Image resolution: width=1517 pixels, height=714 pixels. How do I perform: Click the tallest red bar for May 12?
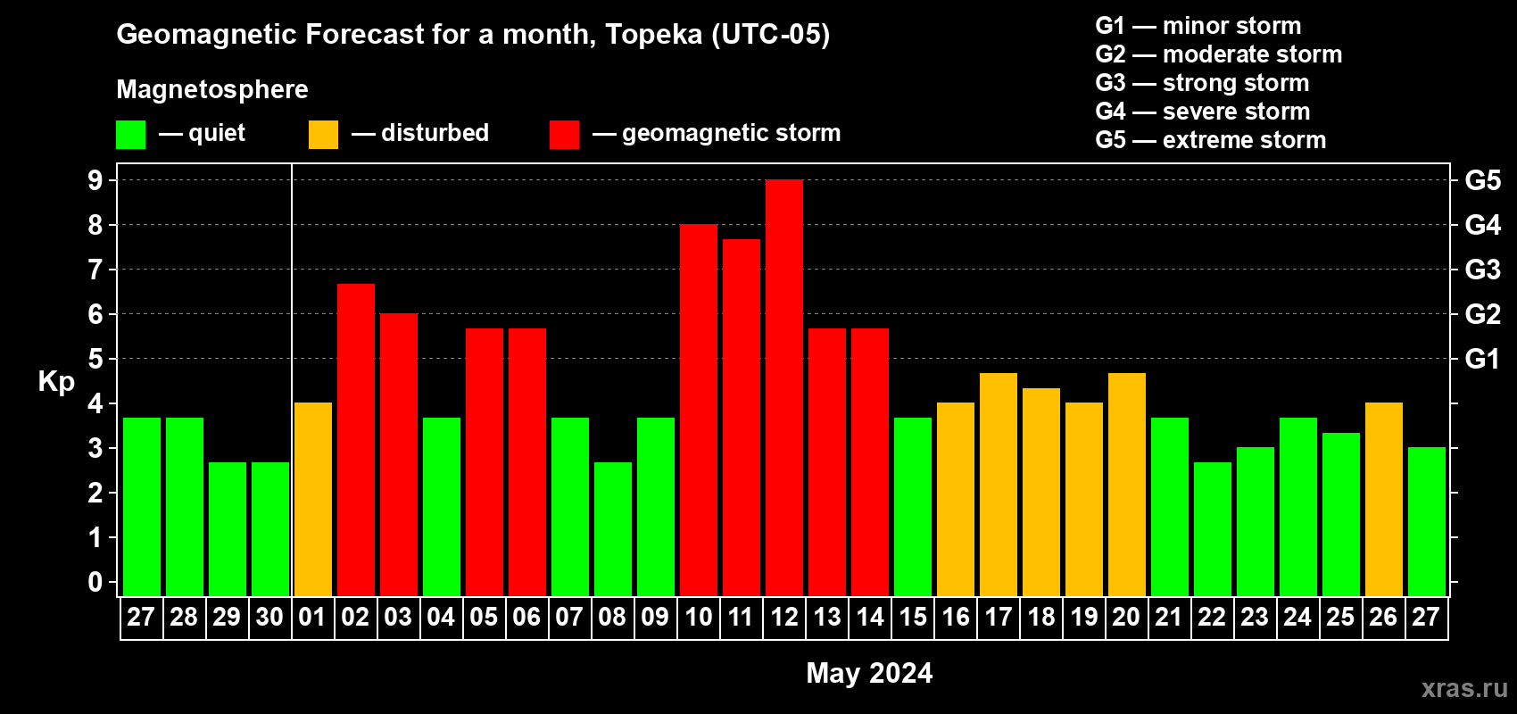click(x=784, y=388)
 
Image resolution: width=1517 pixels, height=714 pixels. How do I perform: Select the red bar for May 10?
click(x=699, y=411)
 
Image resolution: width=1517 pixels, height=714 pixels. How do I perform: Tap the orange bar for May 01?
click(x=313, y=500)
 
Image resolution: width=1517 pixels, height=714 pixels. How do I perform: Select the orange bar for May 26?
click(x=1384, y=500)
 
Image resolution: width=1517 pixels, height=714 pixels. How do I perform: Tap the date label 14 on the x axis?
click(x=870, y=618)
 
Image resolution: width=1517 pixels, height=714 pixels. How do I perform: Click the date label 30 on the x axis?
click(x=269, y=618)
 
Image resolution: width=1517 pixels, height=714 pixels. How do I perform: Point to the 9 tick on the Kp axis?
click(x=95, y=180)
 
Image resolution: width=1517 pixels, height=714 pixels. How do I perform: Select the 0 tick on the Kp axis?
click(x=95, y=583)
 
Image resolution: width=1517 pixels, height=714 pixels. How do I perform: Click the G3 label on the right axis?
click(x=1482, y=270)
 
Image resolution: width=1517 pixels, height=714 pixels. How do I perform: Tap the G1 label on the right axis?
click(x=1482, y=359)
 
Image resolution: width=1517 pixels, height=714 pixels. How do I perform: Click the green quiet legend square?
click(x=130, y=135)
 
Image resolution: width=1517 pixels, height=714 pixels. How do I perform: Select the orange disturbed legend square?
click(x=323, y=135)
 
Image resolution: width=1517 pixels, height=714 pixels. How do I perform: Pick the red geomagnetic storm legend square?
click(x=564, y=135)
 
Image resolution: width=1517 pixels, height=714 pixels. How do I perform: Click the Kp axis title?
click(x=56, y=382)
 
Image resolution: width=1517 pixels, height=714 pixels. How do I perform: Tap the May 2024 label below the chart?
click(x=869, y=673)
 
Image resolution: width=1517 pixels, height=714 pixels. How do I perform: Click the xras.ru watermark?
click(x=1464, y=688)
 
